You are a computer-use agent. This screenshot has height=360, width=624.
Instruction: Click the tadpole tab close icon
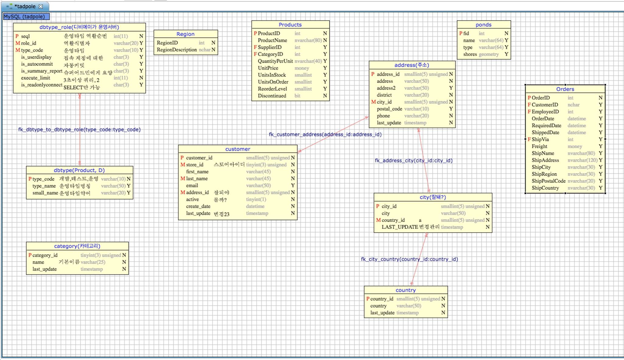click(x=41, y=6)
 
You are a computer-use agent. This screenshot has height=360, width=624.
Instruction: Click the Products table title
click(x=290, y=25)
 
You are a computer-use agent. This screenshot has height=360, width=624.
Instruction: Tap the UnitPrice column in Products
click(x=268, y=68)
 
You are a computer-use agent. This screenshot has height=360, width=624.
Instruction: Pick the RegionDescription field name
click(x=177, y=50)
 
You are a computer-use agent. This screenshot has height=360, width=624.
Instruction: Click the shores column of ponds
click(x=470, y=54)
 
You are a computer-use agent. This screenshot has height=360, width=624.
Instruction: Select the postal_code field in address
click(x=389, y=109)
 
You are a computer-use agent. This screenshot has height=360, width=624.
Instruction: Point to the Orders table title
click(x=565, y=89)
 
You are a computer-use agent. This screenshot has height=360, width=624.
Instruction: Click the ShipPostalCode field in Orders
click(x=548, y=181)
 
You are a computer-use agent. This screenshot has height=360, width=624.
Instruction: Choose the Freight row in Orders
click(x=539, y=146)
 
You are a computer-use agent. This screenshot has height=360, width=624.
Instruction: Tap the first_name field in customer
click(x=197, y=172)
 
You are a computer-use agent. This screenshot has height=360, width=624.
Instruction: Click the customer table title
click(x=238, y=149)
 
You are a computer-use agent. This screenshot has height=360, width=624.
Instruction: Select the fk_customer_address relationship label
click(x=325, y=134)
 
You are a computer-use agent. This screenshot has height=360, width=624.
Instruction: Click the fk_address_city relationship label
click(x=413, y=161)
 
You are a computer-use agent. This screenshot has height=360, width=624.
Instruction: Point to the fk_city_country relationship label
click(x=409, y=259)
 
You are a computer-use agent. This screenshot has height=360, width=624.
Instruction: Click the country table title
click(x=406, y=290)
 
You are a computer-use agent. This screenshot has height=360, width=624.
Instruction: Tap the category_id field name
click(x=45, y=255)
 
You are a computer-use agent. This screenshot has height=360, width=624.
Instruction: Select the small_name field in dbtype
click(x=45, y=193)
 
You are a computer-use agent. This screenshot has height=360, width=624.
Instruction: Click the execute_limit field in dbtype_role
click(x=35, y=78)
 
